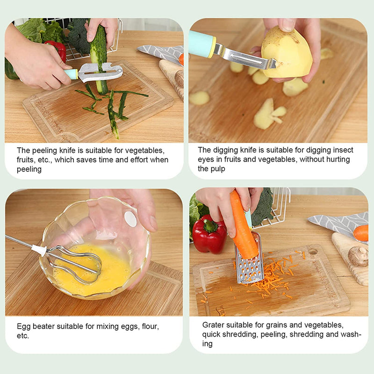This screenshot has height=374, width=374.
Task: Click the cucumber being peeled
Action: [x=99, y=57]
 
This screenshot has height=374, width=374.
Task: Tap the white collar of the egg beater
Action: [x=39, y=250]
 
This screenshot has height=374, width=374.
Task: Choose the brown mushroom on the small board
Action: [x=358, y=256]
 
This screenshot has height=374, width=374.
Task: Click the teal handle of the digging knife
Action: [x=202, y=44]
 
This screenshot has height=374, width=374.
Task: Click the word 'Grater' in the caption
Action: [x=213, y=325]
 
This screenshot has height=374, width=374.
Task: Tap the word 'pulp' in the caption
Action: [x=218, y=169]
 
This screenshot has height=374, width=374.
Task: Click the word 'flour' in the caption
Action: [x=150, y=326]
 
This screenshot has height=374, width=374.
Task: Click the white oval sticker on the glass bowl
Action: [x=130, y=219]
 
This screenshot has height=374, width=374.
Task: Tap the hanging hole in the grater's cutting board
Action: [x=313, y=252]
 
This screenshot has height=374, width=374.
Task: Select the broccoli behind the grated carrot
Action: [x=262, y=207]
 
